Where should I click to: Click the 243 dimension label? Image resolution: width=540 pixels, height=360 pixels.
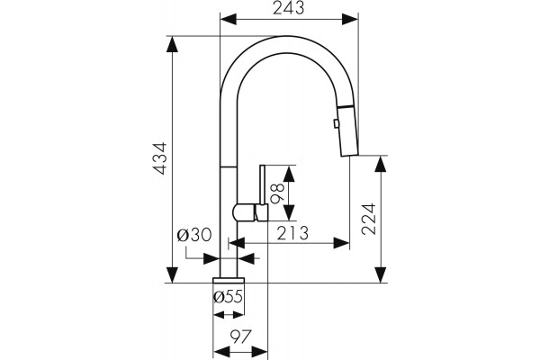click(289, 8)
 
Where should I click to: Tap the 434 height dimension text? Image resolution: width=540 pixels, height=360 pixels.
click(160, 158)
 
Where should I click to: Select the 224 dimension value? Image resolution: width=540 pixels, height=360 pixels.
click(369, 220)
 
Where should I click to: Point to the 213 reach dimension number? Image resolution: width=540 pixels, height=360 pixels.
click(292, 233)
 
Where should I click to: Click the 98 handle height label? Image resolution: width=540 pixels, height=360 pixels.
click(277, 193)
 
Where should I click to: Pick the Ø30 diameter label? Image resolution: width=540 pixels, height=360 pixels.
click(194, 235)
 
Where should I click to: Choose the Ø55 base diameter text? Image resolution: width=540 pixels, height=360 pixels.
click(228, 296)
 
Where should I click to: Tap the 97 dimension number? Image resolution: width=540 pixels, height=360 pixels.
click(241, 337)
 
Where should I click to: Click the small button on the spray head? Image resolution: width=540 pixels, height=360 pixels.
click(336, 123)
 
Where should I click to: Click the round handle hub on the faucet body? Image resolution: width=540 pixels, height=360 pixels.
click(244, 212)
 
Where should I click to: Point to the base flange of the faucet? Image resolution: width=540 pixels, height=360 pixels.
click(229, 280)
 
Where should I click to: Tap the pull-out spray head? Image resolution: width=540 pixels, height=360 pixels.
click(348, 130)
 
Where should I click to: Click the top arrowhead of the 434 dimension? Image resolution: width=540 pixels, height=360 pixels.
click(172, 44)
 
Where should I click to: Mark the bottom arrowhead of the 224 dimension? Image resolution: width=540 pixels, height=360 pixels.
click(380, 274)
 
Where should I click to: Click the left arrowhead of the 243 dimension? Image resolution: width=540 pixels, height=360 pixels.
click(229, 19)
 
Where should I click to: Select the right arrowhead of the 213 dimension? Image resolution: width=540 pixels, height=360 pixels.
click(341, 243)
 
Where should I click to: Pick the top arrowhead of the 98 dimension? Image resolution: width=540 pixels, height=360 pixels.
click(289, 174)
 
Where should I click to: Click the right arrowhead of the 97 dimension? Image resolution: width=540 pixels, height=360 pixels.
click(259, 352)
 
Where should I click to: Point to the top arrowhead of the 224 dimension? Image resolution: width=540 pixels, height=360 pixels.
click(380, 165)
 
